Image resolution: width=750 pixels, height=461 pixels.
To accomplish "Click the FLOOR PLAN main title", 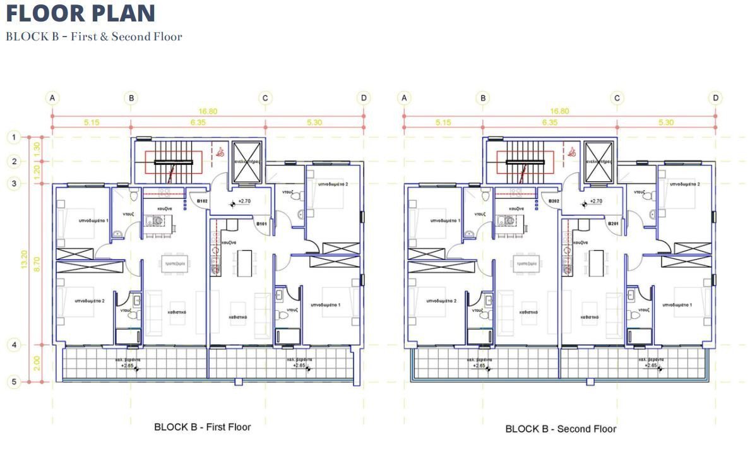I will click(81, 13).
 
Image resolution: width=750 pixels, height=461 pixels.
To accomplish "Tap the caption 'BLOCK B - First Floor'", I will click(202, 427).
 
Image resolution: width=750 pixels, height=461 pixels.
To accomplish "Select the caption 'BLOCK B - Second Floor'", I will click(561, 429).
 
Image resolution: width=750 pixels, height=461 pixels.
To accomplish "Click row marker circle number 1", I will click(13, 136).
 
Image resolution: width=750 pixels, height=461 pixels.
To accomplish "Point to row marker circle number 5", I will click(13, 381).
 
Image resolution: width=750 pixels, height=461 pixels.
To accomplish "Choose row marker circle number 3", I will click(13, 184).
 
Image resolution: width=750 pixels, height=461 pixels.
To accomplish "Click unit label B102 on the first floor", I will click(203, 201).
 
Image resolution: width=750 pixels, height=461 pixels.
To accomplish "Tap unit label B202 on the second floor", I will click(554, 201).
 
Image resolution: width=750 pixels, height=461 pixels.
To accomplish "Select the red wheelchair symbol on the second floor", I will click(572, 152).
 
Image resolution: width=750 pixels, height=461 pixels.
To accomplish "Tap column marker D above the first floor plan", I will click(363, 98).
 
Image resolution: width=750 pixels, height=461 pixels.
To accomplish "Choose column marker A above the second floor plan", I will click(404, 98).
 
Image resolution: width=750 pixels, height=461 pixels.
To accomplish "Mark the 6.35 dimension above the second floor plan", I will click(549, 123).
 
